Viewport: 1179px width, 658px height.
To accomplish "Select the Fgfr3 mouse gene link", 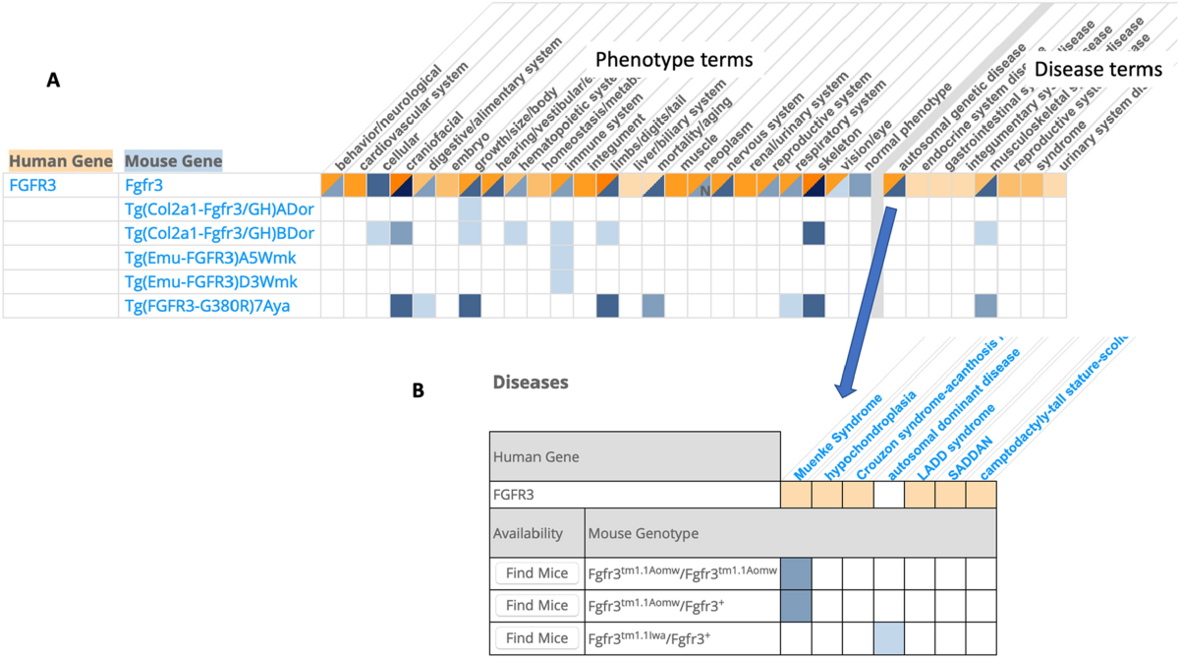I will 143,184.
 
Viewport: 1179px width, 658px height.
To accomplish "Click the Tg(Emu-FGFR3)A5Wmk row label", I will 210,258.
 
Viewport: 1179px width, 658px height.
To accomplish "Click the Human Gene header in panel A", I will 60,159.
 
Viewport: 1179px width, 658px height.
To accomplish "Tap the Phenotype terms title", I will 673,60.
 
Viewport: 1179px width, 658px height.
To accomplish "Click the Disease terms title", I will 1098,70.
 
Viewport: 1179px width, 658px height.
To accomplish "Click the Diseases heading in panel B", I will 530,382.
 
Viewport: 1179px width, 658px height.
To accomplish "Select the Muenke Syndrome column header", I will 835,439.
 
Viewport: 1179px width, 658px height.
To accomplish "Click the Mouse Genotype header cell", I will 644,533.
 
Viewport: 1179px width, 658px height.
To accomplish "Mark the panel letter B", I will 419,390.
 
